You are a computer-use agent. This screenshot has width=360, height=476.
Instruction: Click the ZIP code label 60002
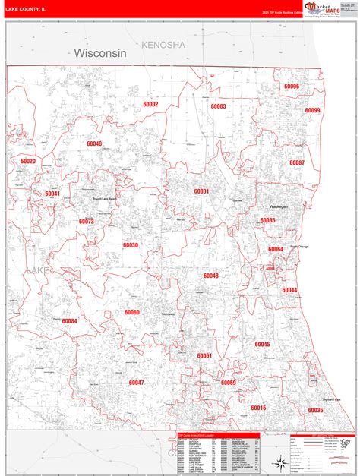click(x=150, y=104)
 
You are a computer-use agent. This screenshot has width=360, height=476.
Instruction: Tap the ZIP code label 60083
click(x=218, y=106)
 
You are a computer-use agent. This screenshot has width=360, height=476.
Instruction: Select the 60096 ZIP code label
click(x=291, y=87)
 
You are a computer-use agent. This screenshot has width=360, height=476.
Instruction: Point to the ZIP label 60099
click(x=312, y=110)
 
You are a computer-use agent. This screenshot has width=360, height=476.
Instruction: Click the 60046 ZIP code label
click(x=94, y=143)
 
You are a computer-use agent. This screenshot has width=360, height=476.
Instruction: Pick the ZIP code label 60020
click(x=28, y=162)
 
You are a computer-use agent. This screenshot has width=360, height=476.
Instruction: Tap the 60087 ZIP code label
click(x=296, y=162)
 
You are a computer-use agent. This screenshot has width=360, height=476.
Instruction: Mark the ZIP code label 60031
click(x=201, y=191)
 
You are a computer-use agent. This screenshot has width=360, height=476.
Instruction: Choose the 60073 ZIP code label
click(x=86, y=222)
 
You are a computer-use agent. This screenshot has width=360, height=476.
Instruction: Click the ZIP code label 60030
click(x=131, y=245)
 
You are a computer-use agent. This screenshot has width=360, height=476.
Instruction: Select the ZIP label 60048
click(x=210, y=276)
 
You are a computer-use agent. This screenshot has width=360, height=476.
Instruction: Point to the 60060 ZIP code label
click(x=132, y=312)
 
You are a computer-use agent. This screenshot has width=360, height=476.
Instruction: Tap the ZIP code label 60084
click(x=70, y=321)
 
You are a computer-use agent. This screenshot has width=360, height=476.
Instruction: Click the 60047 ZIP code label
click(x=136, y=383)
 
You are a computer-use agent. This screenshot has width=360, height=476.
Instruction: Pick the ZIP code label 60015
click(x=258, y=408)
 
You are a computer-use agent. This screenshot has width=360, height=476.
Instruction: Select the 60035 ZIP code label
click(x=315, y=410)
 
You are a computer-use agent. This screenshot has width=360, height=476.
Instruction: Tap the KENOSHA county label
click(x=163, y=46)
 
